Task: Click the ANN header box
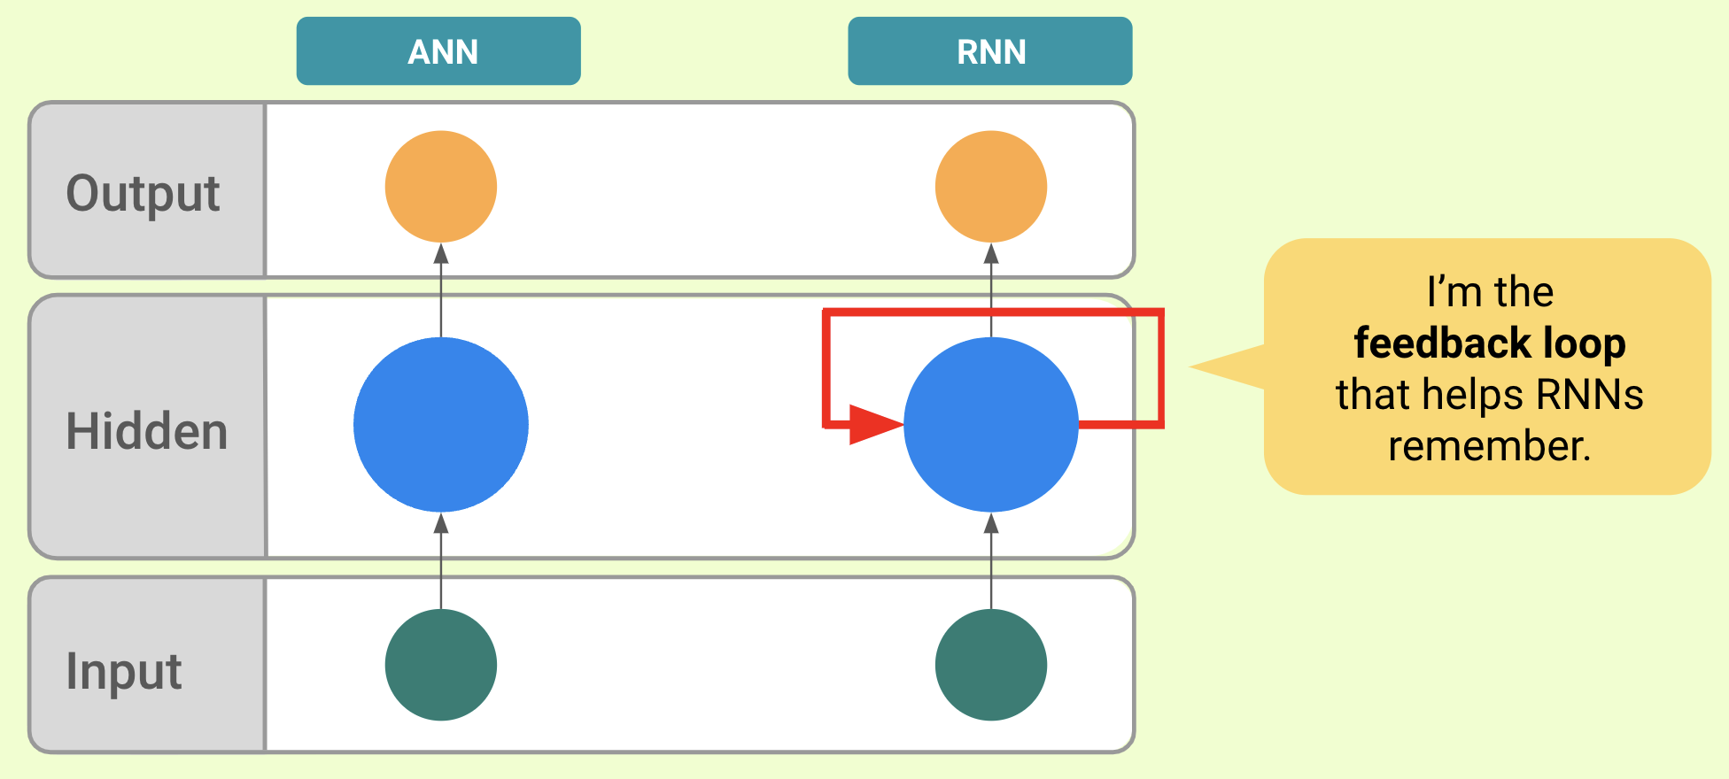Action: [438, 51]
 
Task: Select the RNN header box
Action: [989, 51]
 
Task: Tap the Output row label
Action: [143, 193]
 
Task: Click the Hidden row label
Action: [147, 431]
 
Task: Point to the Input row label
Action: [124, 671]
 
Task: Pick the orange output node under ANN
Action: [440, 187]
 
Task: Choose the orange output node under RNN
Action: [990, 187]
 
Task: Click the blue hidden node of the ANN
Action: [440, 425]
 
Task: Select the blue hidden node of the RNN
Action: [990, 425]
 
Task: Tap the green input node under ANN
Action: [440, 665]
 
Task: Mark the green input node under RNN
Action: [990, 665]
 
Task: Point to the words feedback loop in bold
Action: [1489, 343]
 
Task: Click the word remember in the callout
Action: [1489, 446]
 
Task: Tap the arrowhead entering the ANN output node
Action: [440, 254]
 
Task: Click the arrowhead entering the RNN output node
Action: [990, 254]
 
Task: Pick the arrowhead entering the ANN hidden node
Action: [440, 523]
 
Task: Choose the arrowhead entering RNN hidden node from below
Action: [990, 523]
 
